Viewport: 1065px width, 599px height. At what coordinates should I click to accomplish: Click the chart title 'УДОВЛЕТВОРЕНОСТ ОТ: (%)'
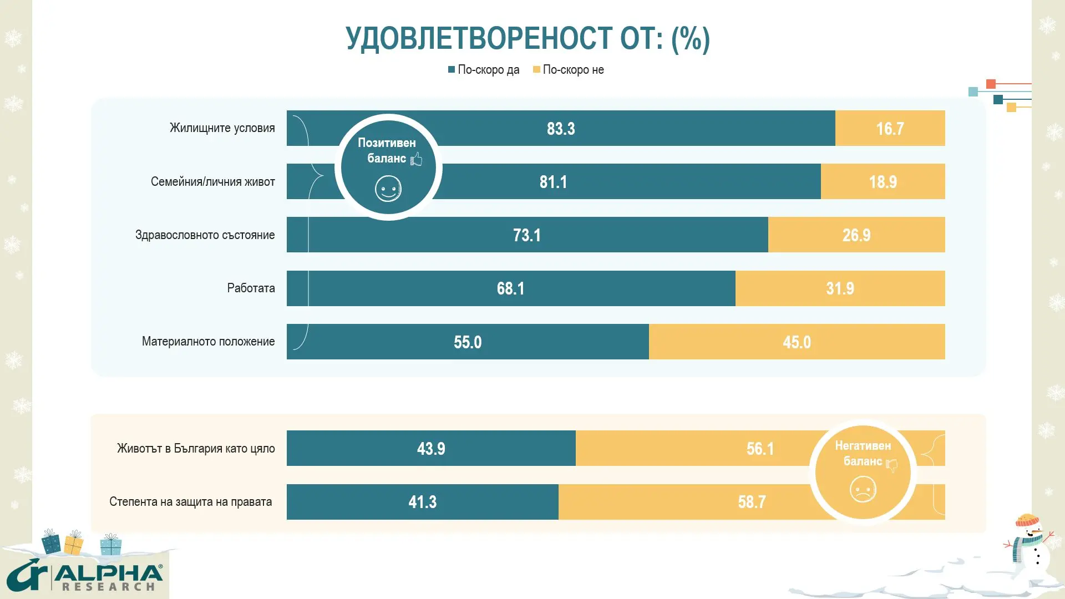click(x=528, y=39)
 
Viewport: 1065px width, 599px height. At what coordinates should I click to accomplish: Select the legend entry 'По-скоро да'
click(x=484, y=70)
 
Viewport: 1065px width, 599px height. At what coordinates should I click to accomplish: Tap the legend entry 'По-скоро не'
click(x=569, y=70)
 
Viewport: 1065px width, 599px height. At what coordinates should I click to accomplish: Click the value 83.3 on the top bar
click(x=561, y=129)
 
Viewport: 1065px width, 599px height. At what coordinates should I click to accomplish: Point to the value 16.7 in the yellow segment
click(x=890, y=129)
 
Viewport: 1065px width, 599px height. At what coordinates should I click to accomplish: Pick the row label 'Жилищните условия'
click(x=222, y=128)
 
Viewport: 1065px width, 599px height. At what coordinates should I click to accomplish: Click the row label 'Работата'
click(x=251, y=288)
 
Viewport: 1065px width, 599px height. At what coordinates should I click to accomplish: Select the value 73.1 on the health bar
click(x=526, y=235)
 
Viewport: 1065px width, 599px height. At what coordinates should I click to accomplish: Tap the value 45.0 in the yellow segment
click(x=797, y=342)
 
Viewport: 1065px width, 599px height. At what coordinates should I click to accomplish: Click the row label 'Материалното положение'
click(x=208, y=342)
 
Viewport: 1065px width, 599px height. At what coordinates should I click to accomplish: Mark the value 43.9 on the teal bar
click(x=431, y=449)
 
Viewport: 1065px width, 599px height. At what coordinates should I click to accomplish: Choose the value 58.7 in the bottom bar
click(x=752, y=502)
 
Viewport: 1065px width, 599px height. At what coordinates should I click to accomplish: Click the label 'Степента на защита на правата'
click(x=190, y=502)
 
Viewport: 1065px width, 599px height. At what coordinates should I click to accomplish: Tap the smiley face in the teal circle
click(x=388, y=189)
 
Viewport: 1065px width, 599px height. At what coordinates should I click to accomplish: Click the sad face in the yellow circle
click(x=863, y=490)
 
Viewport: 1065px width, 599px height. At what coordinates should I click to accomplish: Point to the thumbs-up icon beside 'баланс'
click(x=417, y=159)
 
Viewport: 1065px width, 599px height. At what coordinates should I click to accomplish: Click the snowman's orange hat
click(x=1027, y=520)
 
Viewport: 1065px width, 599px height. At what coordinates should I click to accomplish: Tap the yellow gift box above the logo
click(x=73, y=543)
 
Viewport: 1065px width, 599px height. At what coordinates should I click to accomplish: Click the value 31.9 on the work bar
click(x=840, y=288)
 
